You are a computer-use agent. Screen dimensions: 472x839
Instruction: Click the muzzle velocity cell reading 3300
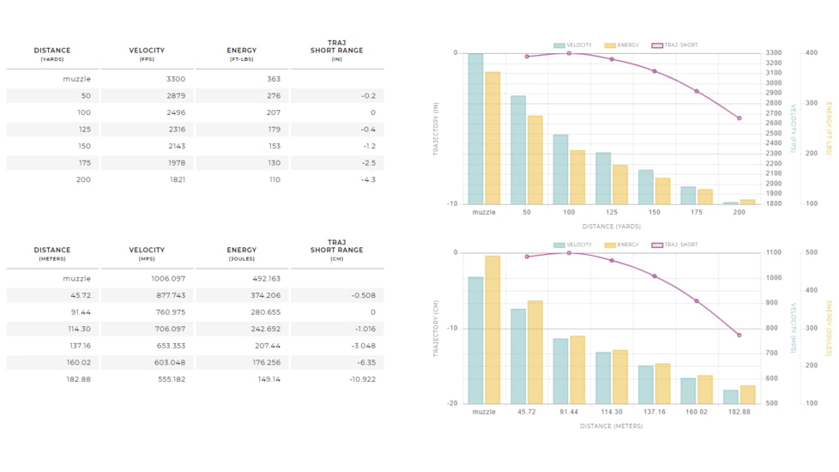[175, 79]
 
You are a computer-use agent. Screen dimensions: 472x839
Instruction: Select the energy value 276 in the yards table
[272, 96]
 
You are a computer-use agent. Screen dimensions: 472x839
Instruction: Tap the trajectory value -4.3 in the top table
[367, 179]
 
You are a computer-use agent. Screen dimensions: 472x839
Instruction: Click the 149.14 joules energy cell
[269, 379]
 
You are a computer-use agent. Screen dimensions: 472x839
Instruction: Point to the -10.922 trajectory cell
[362, 379]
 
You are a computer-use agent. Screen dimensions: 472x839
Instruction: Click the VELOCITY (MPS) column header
[148, 253]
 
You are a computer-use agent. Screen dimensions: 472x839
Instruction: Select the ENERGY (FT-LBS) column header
[242, 53]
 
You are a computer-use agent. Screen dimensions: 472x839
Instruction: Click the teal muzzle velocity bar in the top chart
[475, 129]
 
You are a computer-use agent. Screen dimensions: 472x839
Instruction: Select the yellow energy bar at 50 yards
[534, 160]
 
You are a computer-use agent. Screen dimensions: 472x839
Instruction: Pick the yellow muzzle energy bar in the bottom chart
[492, 330]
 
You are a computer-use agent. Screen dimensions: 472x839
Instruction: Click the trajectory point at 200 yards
[739, 118]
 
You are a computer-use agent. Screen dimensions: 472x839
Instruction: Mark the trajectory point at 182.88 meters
[739, 335]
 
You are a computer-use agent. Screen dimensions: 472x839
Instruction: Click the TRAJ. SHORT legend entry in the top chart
[674, 45]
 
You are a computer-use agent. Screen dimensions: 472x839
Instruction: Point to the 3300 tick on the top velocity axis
[774, 53]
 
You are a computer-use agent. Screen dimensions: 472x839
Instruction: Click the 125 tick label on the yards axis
[611, 212]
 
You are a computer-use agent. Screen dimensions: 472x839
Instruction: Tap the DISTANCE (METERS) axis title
[611, 426]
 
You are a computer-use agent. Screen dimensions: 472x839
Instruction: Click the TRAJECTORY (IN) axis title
[437, 129]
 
